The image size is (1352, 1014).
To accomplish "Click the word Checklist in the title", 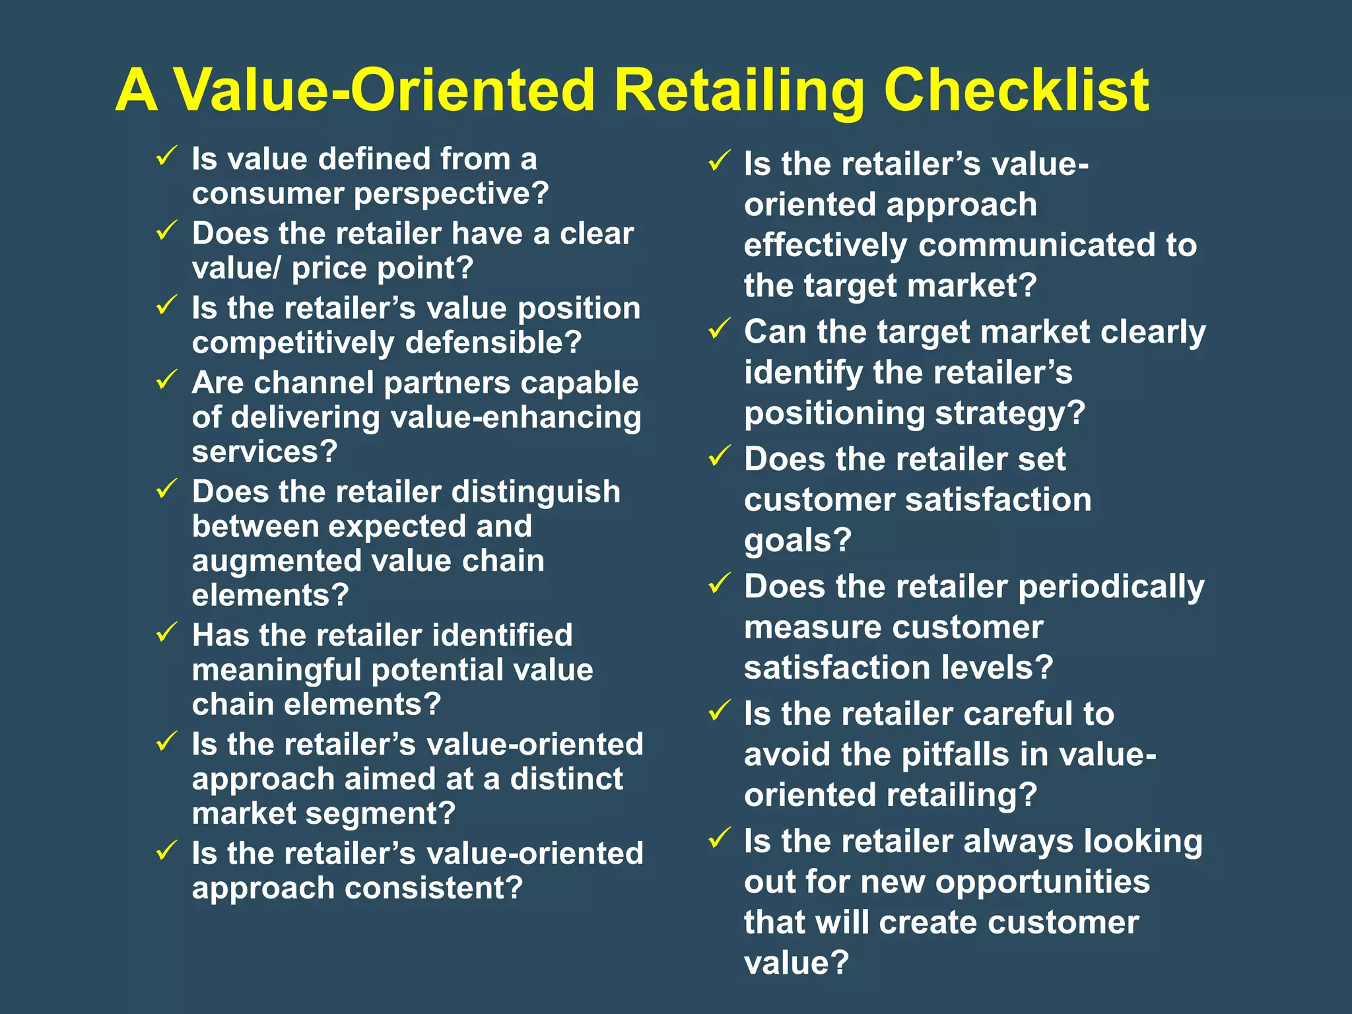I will coord(1017,90).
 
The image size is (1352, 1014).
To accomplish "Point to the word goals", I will coord(797,541).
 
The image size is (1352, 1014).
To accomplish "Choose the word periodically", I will coord(1111,587).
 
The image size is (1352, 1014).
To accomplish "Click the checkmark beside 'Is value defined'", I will coord(166,156).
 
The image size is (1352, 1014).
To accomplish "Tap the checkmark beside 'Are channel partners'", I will coord(166,380).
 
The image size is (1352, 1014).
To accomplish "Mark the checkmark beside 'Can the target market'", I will coord(719,329).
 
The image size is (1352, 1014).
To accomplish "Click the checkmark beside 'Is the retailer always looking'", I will coord(719,838).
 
